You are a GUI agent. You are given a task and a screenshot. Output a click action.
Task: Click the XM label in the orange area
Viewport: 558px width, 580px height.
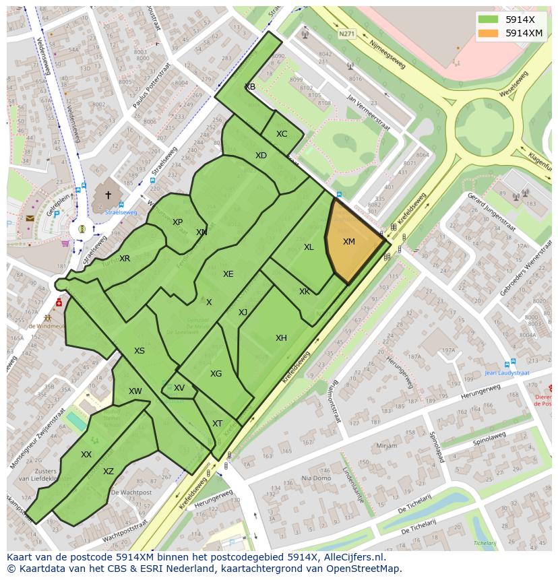(348, 242)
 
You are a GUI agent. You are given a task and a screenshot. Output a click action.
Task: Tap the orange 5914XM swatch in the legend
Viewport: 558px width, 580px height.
(489, 33)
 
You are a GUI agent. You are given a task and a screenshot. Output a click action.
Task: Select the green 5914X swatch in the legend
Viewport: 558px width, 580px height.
(489, 20)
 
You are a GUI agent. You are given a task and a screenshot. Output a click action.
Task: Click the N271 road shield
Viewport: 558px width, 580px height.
(346, 34)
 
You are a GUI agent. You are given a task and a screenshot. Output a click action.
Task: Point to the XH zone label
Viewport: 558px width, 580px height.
(281, 338)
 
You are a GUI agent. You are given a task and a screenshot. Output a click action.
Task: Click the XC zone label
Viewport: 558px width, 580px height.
(282, 134)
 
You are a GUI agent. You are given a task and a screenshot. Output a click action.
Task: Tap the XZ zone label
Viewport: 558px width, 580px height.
(108, 472)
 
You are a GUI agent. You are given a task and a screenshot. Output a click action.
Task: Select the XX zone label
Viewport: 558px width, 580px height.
(86, 455)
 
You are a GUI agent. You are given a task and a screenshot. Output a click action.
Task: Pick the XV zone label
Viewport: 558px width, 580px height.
(179, 388)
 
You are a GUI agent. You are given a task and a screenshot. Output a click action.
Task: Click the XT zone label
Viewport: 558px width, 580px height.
(217, 424)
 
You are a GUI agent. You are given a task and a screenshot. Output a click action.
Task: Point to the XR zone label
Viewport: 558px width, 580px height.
(125, 259)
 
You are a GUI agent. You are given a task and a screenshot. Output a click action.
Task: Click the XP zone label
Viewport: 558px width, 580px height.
(177, 222)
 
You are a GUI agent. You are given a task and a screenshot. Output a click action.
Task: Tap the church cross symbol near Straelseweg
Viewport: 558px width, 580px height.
(108, 195)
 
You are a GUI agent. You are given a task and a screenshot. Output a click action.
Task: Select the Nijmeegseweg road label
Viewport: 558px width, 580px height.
(387, 53)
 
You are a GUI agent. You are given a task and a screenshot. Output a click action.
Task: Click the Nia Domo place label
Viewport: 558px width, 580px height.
(315, 478)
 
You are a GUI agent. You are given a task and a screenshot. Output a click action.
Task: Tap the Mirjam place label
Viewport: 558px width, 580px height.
(387, 446)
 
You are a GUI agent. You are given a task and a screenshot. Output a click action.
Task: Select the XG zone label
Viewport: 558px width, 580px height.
(216, 374)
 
